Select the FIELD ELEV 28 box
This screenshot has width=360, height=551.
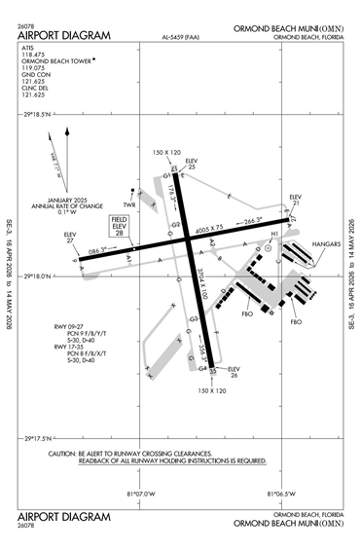119,227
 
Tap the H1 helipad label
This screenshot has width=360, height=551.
274,234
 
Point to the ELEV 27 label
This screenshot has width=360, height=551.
70,238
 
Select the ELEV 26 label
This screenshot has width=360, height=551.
234,373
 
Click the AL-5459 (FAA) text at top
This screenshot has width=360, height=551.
181,39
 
